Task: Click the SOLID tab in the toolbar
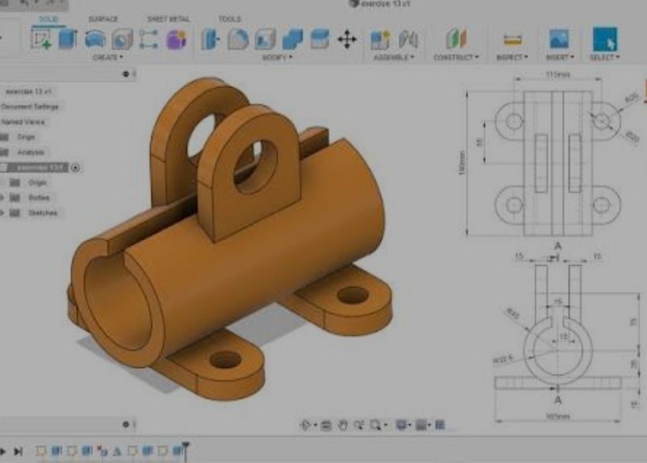[x=48, y=19]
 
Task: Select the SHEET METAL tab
[x=167, y=19]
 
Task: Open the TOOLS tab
[x=229, y=19]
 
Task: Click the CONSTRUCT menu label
[x=455, y=58]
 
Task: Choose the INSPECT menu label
[x=512, y=58]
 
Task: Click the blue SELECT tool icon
[x=604, y=39]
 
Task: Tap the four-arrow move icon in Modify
[x=347, y=40]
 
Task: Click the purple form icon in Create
[x=176, y=40]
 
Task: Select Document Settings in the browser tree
[x=30, y=107]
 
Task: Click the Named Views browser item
[x=24, y=122]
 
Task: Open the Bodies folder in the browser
[x=38, y=197]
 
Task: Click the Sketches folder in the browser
[x=42, y=213]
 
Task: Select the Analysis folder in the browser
[x=30, y=152]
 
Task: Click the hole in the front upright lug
[x=256, y=166]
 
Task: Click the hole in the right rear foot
[x=353, y=295]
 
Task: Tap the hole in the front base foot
[x=225, y=360]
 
